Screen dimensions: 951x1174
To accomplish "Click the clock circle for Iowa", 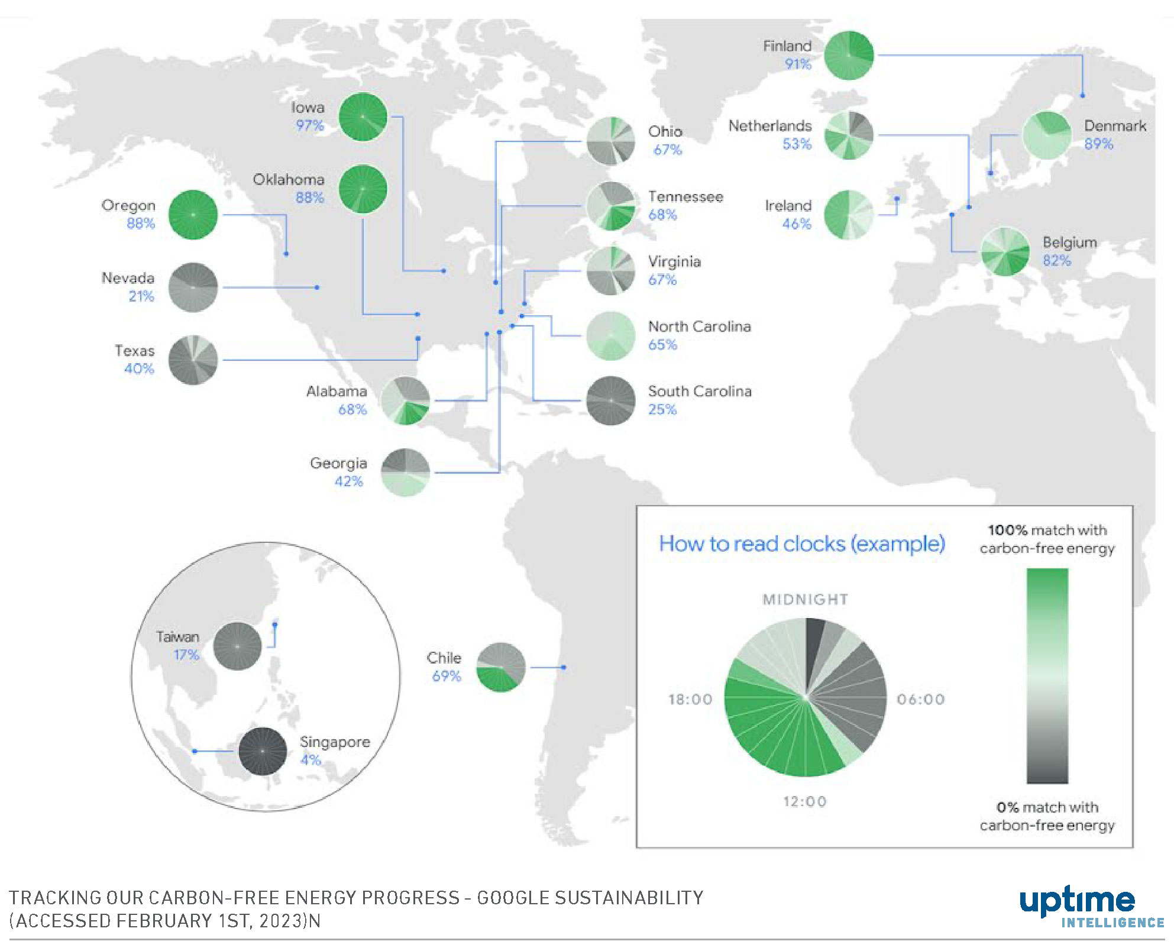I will (363, 117).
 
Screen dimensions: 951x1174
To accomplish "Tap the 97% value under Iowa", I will (310, 125).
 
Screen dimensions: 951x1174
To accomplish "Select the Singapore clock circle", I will (263, 751).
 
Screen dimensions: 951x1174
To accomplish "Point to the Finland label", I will (787, 46).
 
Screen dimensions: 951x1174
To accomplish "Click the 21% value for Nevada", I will (141, 296).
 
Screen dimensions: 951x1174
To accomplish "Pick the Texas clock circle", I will (193, 360).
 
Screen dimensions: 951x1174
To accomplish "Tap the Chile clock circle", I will (501, 667).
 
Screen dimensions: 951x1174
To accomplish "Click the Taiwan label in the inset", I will (177, 637).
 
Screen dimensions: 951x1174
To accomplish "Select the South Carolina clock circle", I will (611, 400).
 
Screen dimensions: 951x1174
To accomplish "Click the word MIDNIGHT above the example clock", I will (805, 600).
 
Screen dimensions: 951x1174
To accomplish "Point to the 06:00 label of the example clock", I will (920, 700).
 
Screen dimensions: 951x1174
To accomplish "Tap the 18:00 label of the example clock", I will (690, 700).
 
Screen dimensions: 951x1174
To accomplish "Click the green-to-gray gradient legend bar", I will (1047, 675).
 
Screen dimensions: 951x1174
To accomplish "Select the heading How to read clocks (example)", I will (802, 544).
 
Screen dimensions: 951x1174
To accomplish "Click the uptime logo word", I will (1077, 901).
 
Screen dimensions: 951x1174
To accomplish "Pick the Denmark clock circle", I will (1047, 135).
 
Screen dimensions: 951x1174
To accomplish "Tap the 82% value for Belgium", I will (1056, 261).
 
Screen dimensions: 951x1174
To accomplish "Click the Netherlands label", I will (769, 126).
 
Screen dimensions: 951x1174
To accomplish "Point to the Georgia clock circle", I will (406, 473).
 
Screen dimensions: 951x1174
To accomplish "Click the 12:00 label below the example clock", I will (804, 801).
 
